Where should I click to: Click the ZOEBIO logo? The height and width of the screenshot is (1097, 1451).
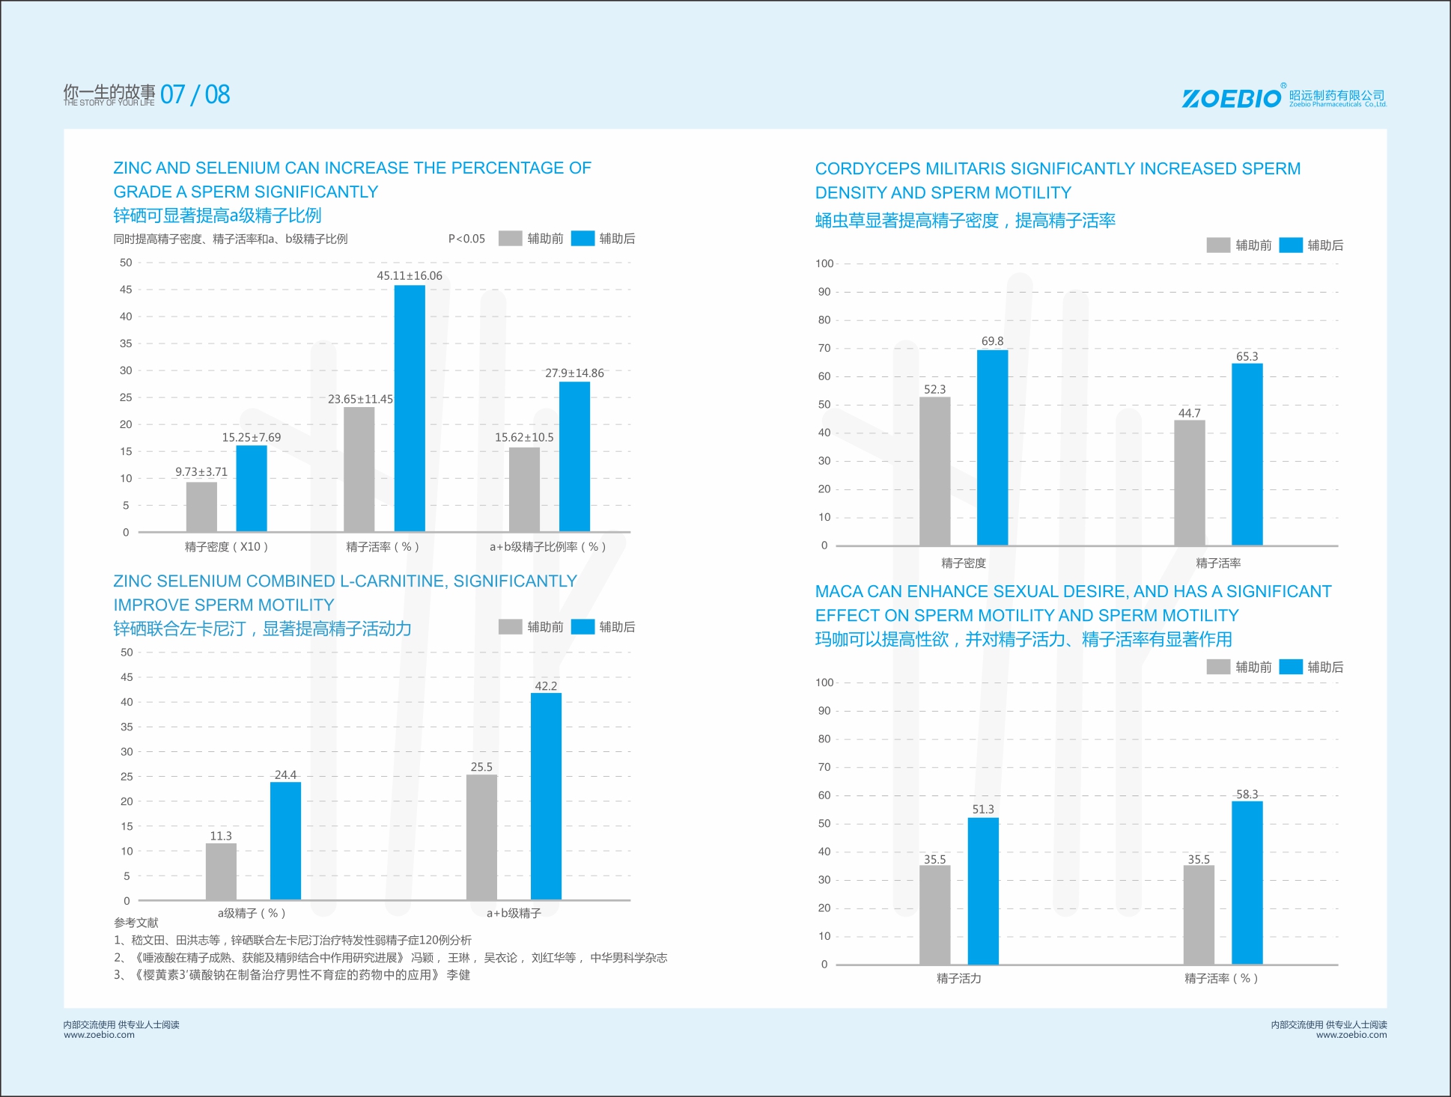click(x=1231, y=98)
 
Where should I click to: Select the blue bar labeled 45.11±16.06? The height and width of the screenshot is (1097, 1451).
click(x=410, y=408)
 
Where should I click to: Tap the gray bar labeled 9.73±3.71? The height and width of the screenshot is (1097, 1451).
click(x=201, y=507)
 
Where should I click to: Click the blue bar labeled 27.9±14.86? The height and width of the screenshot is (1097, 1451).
click(x=574, y=456)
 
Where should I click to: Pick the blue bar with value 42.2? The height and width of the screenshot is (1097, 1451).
click(x=546, y=795)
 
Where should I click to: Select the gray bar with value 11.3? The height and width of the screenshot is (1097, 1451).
click(x=221, y=871)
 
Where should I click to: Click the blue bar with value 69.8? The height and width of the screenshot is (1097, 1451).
click(x=992, y=447)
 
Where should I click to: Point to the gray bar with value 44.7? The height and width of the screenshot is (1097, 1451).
click(x=1189, y=483)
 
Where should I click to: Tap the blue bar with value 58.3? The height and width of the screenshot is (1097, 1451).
click(x=1247, y=882)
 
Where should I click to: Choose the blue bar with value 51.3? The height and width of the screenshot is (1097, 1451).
click(x=982, y=890)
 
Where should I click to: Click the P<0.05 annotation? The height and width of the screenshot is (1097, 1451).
click(x=466, y=239)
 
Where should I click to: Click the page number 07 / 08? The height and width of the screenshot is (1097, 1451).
click(x=195, y=94)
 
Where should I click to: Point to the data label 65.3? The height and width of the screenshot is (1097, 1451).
click(x=1247, y=357)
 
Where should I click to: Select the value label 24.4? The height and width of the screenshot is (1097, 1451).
click(x=285, y=774)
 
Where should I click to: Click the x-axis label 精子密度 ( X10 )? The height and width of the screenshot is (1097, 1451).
click(x=226, y=547)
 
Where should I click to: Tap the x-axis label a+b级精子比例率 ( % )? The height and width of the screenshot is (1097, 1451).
click(x=547, y=547)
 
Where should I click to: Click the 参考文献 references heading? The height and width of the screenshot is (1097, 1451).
click(x=136, y=923)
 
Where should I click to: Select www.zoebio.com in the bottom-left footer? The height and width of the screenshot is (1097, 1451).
click(x=99, y=1035)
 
